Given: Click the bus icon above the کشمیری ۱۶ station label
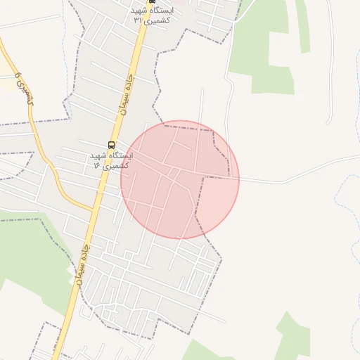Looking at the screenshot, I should (111, 145).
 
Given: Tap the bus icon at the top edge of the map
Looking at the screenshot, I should (153, 2).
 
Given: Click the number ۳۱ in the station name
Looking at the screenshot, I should (138, 20).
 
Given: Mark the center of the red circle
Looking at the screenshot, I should (180, 179).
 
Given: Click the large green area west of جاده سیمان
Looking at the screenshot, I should (28, 253).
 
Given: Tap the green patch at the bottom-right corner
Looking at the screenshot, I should (291, 337).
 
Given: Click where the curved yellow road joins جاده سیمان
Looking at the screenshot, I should (94, 210).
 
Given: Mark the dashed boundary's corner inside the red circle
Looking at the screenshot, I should (203, 178).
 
